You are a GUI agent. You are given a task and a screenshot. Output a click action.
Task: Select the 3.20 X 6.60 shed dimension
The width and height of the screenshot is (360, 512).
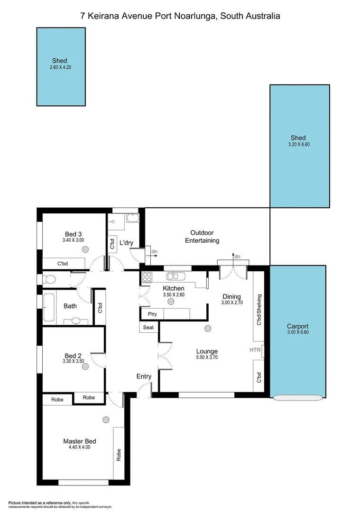[x=299, y=145]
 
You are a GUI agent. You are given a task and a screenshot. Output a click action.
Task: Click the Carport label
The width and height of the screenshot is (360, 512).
[x=298, y=326]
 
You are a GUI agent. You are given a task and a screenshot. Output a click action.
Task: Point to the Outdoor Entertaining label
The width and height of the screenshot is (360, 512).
[x=205, y=237]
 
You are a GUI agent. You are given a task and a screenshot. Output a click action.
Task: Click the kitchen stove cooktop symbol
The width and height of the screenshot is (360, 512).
[x=147, y=276]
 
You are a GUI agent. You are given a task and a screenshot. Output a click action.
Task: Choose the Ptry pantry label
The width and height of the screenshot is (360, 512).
[x=152, y=314]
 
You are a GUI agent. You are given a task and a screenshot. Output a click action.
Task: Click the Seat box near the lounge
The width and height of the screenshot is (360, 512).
[x=148, y=328]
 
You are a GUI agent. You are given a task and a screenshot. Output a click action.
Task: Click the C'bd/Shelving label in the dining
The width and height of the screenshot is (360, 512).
[x=259, y=310]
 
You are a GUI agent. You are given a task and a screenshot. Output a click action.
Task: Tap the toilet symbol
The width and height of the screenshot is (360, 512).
[x=49, y=279]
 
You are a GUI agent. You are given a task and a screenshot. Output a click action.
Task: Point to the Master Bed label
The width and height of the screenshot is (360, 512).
[x=80, y=441]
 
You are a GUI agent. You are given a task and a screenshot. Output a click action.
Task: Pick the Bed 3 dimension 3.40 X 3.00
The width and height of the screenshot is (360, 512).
[x=73, y=240]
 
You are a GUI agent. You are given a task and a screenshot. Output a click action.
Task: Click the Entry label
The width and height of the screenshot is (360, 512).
[x=144, y=376]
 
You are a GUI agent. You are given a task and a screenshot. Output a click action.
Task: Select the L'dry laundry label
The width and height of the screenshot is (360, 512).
[x=126, y=243]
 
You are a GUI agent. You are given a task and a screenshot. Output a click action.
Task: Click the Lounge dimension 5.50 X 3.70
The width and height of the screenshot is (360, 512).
[x=207, y=357]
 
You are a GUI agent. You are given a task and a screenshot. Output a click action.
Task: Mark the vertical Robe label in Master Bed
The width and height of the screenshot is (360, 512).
[x=119, y=455]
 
